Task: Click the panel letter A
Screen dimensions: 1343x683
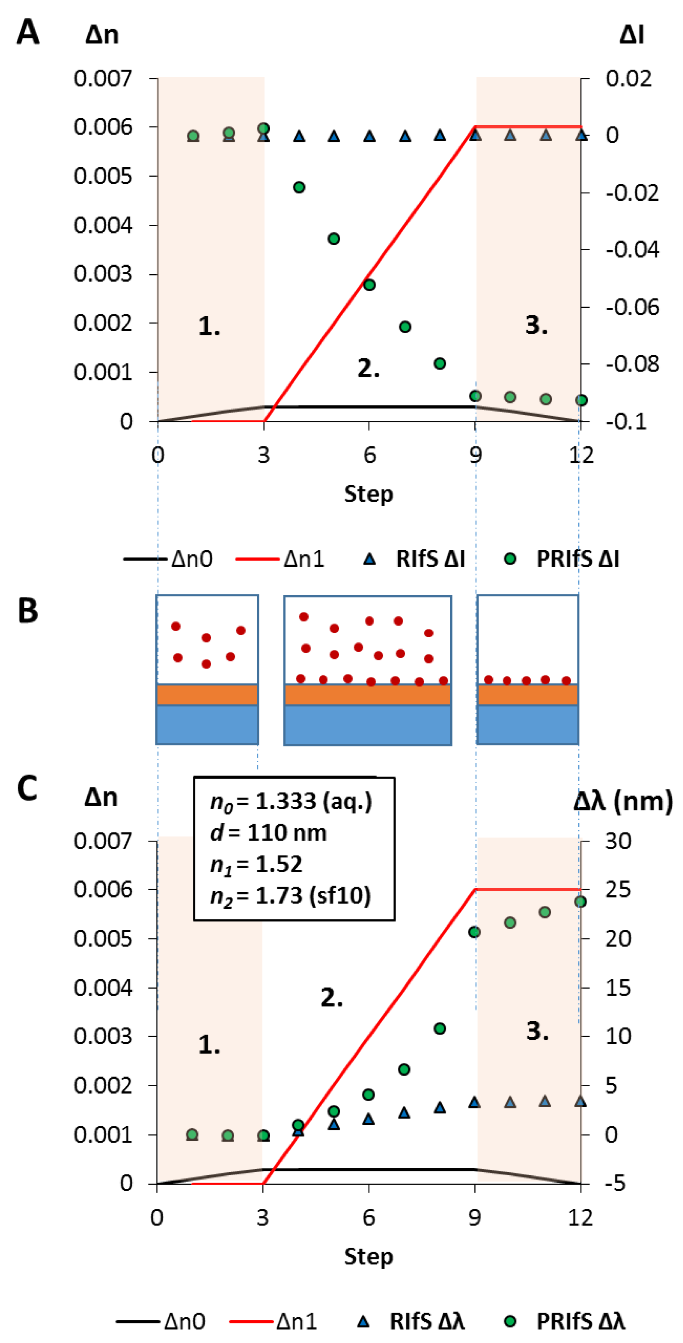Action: [x=28, y=32]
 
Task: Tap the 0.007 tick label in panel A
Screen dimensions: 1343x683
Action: [x=103, y=78]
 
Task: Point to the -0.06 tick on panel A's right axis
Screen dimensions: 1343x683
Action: [x=632, y=307]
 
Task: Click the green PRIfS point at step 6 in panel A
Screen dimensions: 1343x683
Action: [x=369, y=285]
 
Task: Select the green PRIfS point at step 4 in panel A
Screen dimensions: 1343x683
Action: [x=299, y=187]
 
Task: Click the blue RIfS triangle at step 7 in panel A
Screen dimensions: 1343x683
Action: [x=405, y=136]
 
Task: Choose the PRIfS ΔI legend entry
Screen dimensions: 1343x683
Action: [x=563, y=559]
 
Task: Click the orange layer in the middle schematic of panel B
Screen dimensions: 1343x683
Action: [x=367, y=694]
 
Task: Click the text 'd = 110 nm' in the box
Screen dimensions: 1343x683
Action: [x=268, y=833]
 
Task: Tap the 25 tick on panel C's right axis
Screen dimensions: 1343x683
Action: [x=618, y=889]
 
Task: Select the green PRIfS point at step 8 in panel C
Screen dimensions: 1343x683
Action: [x=439, y=1028]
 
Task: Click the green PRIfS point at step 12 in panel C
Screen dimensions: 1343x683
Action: [x=580, y=901]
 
